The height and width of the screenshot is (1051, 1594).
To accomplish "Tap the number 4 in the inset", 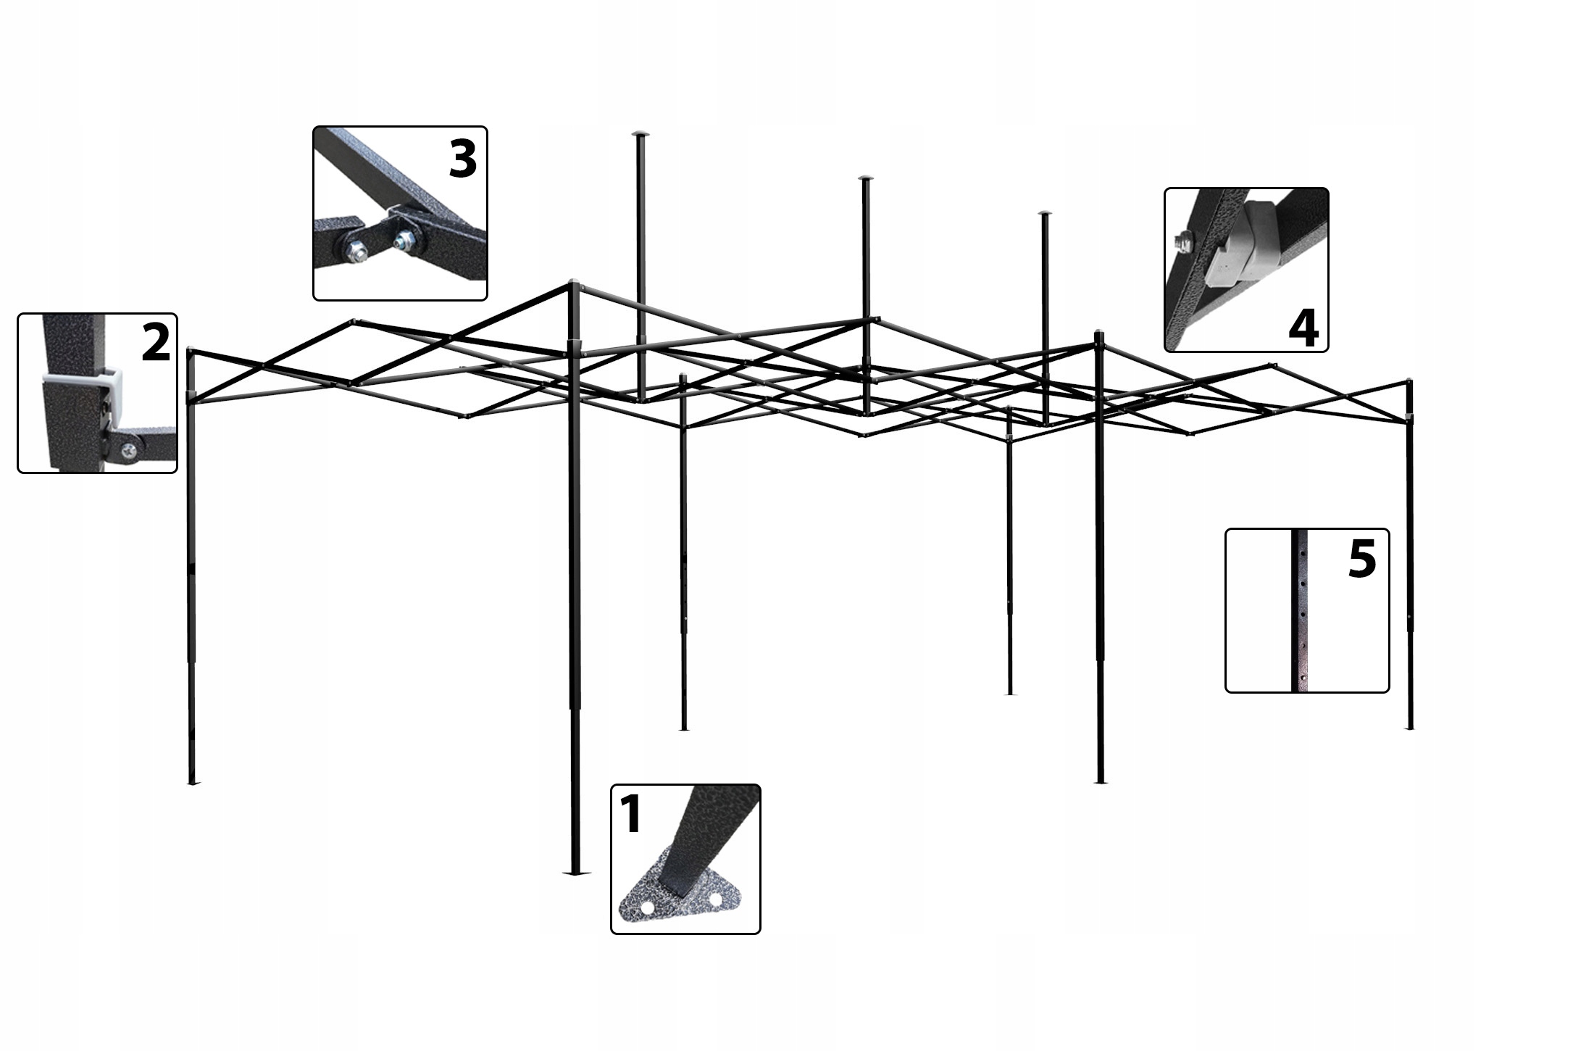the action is pos(1303,328).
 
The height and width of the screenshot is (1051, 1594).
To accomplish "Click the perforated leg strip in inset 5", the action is pos(1301,610).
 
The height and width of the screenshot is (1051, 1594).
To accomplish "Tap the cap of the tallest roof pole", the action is pos(640,134).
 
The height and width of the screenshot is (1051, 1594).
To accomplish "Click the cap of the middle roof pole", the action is pos(864,178).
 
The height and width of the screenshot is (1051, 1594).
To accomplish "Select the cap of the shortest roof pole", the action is pos(1044,213).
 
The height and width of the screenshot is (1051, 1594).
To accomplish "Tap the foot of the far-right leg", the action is pos(1409,728).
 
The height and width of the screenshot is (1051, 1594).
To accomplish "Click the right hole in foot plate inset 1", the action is pos(716,900).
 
